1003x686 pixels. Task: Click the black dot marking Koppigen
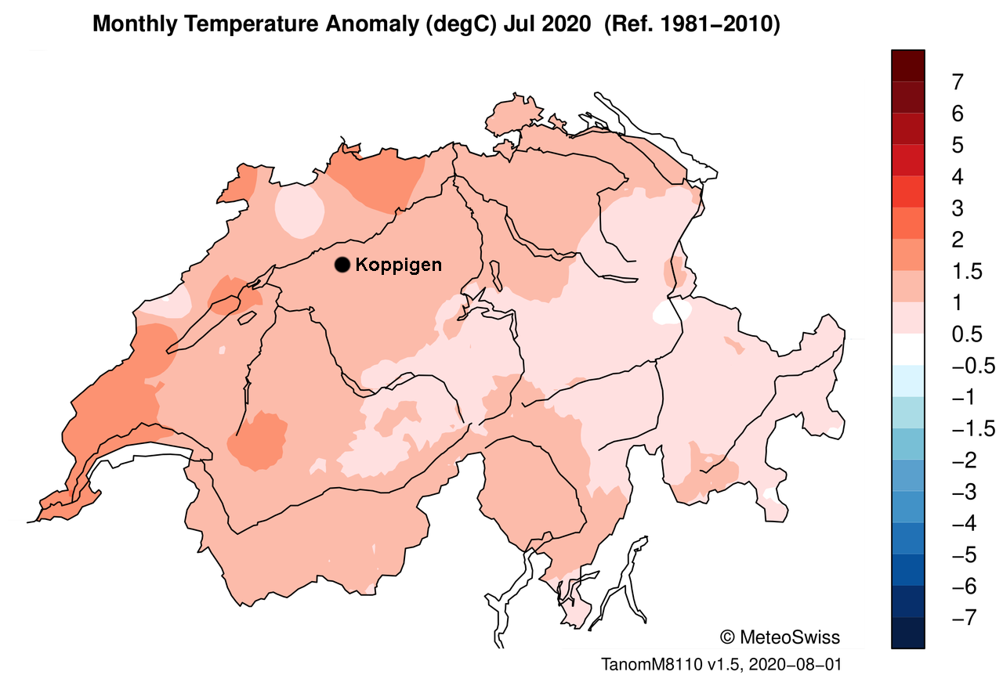pos(342,265)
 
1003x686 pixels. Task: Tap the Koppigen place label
pos(398,265)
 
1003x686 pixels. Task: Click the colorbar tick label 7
pos(957,82)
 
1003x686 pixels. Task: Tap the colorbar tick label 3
pos(957,208)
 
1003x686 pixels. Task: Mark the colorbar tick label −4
pos(962,524)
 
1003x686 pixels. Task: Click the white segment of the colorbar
pos(908,350)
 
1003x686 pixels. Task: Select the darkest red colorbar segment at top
pos(908,66)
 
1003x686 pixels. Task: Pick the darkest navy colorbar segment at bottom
pos(908,634)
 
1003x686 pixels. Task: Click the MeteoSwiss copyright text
pos(780,637)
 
